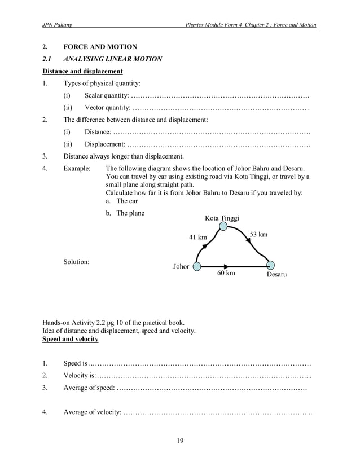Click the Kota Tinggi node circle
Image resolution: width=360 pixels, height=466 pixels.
tap(223, 226)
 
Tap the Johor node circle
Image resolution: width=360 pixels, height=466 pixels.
tap(197, 266)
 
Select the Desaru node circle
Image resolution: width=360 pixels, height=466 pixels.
tap(270, 265)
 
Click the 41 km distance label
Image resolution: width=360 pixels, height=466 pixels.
tap(197, 238)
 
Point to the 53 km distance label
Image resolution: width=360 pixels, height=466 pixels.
tap(258, 234)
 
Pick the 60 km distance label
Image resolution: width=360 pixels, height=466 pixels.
tap(226, 274)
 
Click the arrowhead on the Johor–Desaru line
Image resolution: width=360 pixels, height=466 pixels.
tap(226, 266)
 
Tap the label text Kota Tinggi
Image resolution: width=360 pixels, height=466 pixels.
tap(222, 218)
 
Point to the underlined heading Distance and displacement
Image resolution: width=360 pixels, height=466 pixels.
tap(82, 72)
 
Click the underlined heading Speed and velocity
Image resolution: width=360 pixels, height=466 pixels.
tap(70, 339)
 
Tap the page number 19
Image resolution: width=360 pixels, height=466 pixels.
tap(179, 441)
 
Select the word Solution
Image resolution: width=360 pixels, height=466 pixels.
tap(76, 261)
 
